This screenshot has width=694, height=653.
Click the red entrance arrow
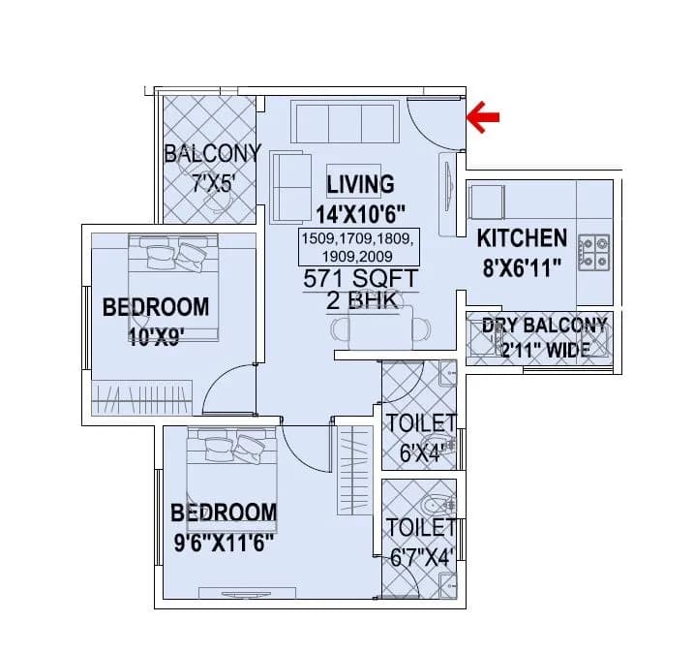click(483, 117)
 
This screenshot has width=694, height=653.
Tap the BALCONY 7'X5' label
click(212, 153)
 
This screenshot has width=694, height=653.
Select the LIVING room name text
click(360, 184)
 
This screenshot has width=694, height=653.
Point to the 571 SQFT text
click(360, 278)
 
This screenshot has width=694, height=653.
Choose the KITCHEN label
click(522, 238)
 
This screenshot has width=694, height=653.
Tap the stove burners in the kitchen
click(593, 253)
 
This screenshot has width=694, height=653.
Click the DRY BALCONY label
click(544, 326)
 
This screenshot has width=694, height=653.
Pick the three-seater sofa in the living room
click(345, 123)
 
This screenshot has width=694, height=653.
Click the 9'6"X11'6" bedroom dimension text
click(223, 542)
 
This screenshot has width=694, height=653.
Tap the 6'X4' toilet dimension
click(421, 453)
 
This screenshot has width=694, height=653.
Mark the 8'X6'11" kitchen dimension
click(522, 267)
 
